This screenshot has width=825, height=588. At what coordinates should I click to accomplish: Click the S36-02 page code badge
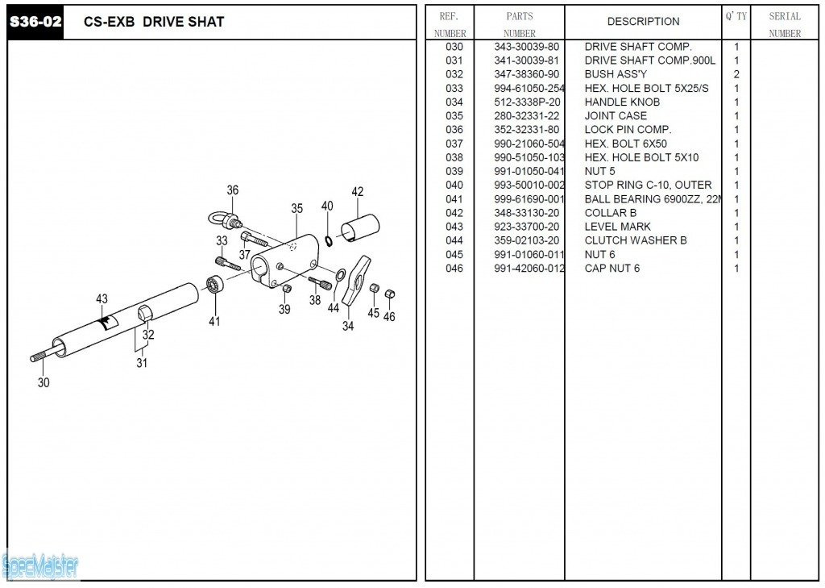pyautogui.click(x=35, y=22)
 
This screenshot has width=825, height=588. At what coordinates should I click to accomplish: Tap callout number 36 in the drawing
pyautogui.click(x=232, y=190)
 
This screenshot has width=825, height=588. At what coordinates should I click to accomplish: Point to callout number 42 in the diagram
pyautogui.click(x=358, y=192)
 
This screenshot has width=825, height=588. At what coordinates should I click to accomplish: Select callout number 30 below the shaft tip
pyautogui.click(x=44, y=382)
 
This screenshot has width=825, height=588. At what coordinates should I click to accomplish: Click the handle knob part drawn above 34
pyautogui.click(x=354, y=279)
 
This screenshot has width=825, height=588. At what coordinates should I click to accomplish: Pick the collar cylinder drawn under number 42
pyautogui.click(x=360, y=225)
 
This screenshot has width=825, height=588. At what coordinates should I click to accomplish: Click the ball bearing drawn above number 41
pyautogui.click(x=214, y=285)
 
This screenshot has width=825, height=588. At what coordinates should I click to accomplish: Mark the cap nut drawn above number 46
pyautogui.click(x=389, y=294)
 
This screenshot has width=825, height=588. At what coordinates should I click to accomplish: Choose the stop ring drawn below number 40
pyautogui.click(x=329, y=240)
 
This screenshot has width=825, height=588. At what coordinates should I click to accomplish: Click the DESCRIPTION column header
pyautogui.click(x=643, y=22)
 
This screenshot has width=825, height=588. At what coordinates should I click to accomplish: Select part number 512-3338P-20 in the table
pyautogui.click(x=527, y=102)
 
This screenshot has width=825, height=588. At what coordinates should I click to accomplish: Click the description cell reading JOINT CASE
pyautogui.click(x=616, y=116)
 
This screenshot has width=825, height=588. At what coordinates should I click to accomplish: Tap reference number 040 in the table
pyautogui.click(x=454, y=186)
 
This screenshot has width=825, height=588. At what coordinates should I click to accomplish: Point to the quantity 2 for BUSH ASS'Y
pyautogui.click(x=736, y=74)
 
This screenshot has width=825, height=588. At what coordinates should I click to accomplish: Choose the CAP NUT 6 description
pyautogui.click(x=612, y=269)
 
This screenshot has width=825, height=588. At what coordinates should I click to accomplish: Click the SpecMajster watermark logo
pyautogui.click(x=40, y=566)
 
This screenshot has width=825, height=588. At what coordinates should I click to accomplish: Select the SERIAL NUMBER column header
pyautogui.click(x=785, y=24)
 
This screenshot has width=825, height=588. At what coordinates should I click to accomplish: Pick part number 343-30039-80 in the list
pyautogui.click(x=527, y=47)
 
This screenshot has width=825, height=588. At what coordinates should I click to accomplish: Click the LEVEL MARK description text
pyautogui.click(x=618, y=227)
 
